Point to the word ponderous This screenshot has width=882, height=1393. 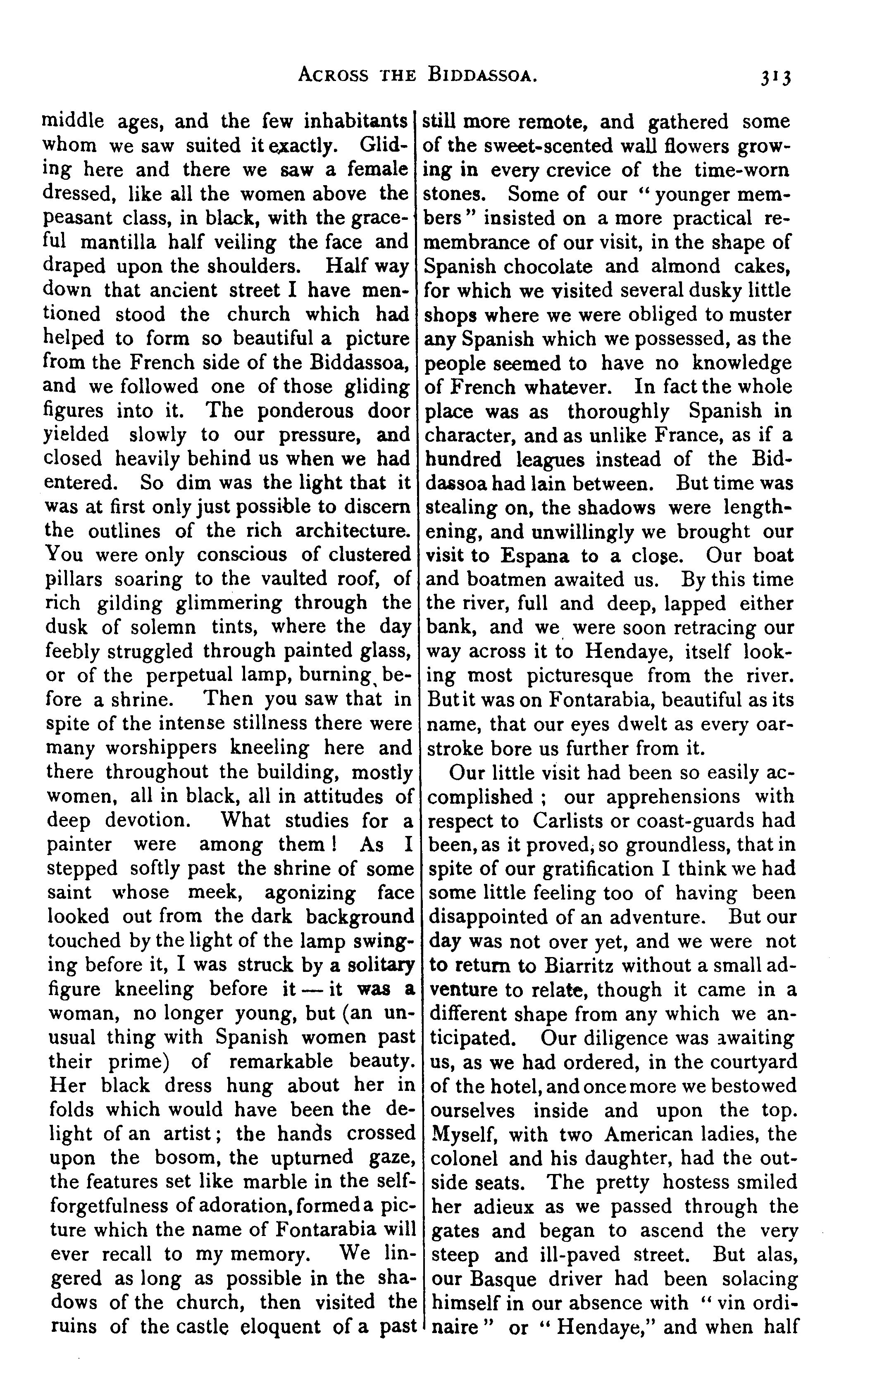(307, 411)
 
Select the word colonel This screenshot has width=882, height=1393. (465, 1159)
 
